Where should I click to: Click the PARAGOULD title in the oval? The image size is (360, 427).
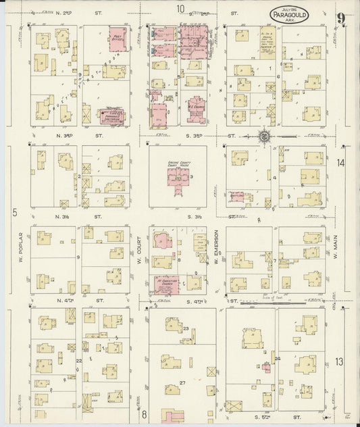click(x=290, y=16)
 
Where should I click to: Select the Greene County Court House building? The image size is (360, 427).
click(x=178, y=177)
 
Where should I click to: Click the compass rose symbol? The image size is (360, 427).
click(x=264, y=136)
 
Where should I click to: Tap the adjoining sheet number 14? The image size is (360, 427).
click(x=342, y=163)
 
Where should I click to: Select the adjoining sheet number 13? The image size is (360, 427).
click(x=340, y=362)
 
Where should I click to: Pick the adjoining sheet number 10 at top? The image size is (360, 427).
click(x=180, y=8)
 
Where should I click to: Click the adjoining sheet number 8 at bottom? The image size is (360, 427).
click(x=144, y=414)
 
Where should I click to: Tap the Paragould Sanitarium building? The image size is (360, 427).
click(x=112, y=116)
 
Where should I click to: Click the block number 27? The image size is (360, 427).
click(x=182, y=382)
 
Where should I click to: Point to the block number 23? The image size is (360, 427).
click(x=186, y=328)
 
